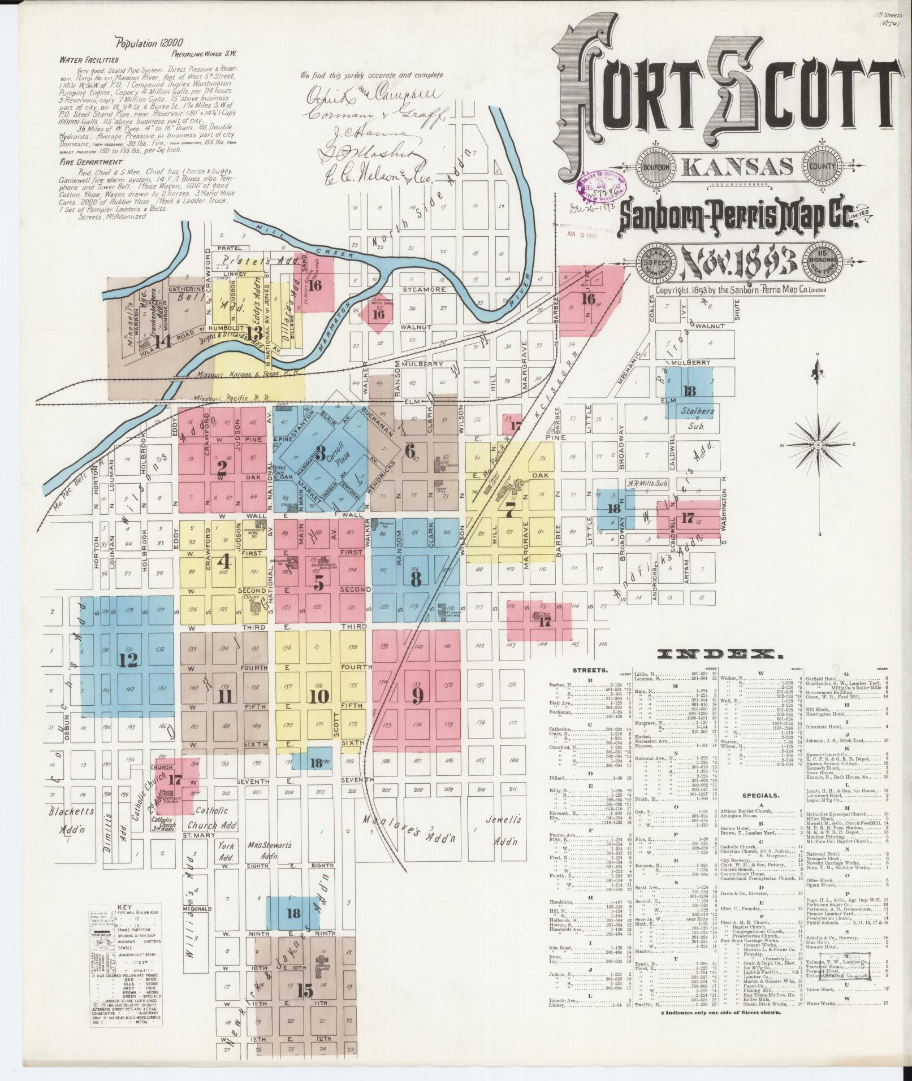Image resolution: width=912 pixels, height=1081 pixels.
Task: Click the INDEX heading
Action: pyautogui.click(x=720, y=654)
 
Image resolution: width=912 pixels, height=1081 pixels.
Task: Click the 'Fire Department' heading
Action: pyautogui.click(x=92, y=162)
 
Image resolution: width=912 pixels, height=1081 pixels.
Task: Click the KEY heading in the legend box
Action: pyautogui.click(x=124, y=909)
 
